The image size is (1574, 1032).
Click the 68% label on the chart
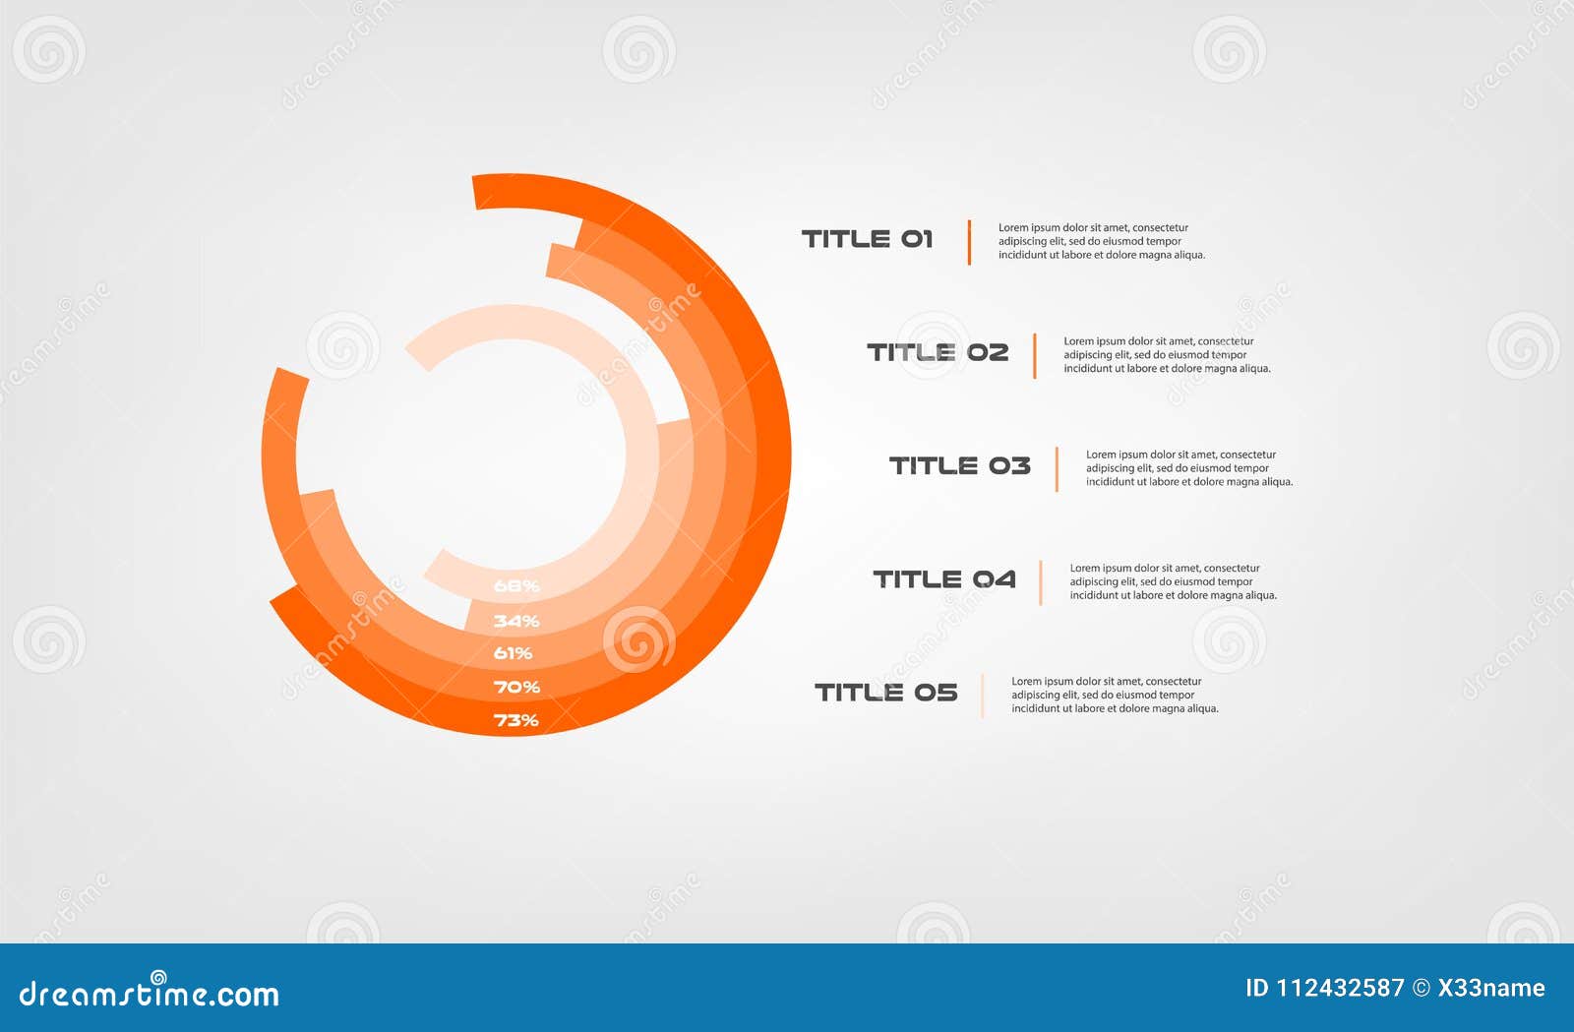click(516, 586)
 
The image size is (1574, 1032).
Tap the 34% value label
click(516, 621)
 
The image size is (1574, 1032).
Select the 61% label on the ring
click(513, 653)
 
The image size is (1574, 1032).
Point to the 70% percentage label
click(516, 687)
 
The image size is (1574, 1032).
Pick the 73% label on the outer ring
click(516, 720)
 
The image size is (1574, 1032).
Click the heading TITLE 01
click(867, 239)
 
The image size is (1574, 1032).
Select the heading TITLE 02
click(938, 352)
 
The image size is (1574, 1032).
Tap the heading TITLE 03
click(959, 465)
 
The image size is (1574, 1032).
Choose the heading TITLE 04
click(944, 579)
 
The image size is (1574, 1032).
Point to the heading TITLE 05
click(885, 693)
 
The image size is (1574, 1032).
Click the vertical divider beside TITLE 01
click(969, 242)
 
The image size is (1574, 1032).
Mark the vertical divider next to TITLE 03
click(1057, 468)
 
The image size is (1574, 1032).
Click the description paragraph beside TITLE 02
click(1166, 355)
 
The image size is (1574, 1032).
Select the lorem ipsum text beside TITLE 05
click(1114, 695)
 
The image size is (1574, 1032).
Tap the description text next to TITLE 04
click(1173, 581)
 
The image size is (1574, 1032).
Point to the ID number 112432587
click(1340, 988)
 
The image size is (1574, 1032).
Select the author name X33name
click(1491, 988)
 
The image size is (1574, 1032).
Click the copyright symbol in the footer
click(1422, 988)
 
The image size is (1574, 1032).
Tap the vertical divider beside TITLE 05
click(982, 696)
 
